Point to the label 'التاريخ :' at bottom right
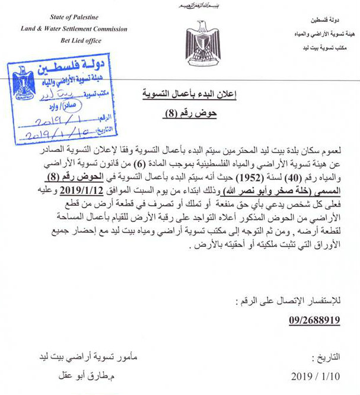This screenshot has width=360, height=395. pos(327,359)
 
